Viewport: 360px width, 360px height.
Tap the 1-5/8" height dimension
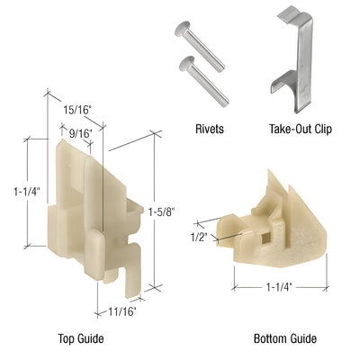pyautogui.click(x=159, y=212)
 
